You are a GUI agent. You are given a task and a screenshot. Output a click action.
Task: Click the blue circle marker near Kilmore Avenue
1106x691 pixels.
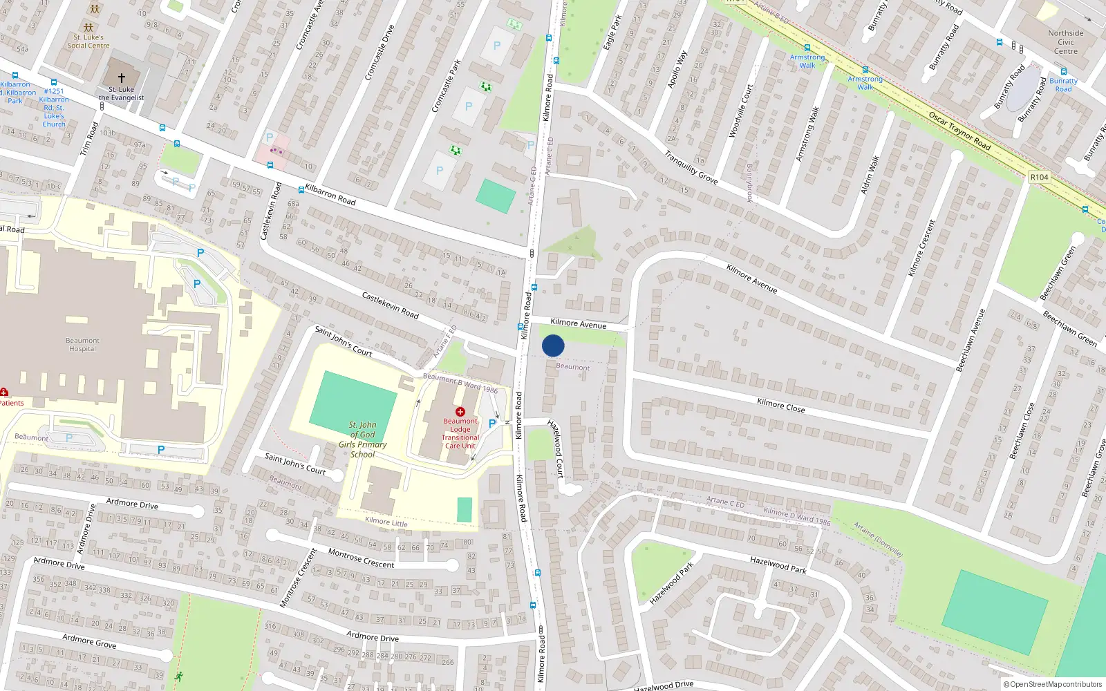tap(553, 345)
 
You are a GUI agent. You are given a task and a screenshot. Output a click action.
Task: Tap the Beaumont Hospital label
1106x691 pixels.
tap(82, 345)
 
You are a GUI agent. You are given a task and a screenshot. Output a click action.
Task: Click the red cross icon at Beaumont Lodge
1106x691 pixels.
tap(460, 412)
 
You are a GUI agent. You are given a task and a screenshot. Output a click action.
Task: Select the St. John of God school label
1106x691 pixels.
tap(362, 439)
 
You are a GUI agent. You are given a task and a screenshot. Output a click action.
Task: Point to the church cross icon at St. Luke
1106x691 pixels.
tap(122, 78)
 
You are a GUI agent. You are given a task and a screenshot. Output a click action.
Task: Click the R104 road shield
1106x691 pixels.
tap(1039, 178)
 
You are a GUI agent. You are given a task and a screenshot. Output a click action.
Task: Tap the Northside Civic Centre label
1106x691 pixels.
tap(1065, 42)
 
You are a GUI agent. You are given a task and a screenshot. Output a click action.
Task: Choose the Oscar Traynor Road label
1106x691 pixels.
tap(959, 131)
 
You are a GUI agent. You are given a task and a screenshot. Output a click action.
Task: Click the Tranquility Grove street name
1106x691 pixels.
tap(691, 168)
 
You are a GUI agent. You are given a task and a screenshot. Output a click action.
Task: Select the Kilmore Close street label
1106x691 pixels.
tap(780, 406)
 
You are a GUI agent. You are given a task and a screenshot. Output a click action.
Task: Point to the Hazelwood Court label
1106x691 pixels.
tap(556, 448)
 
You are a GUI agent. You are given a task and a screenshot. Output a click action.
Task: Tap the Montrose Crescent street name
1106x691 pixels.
tap(361, 558)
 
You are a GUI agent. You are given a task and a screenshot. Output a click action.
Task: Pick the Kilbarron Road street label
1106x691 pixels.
tap(330, 195)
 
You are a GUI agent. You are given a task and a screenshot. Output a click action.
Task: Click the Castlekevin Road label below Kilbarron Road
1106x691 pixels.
tap(390, 305)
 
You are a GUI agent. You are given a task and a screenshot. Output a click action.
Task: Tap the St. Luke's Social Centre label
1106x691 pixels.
tap(88, 41)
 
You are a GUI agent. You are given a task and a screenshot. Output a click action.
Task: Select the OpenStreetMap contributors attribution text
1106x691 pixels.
tap(1053, 684)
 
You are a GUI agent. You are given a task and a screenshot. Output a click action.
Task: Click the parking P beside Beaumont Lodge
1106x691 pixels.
tap(491, 424)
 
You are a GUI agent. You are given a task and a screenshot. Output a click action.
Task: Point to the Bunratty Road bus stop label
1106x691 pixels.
tap(1063, 84)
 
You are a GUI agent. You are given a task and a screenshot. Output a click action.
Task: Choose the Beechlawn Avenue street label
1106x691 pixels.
tap(970, 340)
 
